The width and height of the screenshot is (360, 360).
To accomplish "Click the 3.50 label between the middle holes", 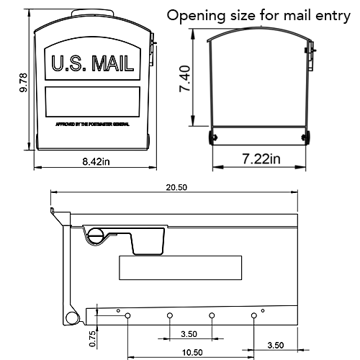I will [x=190, y=335].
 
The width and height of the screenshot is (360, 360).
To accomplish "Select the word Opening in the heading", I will [x=194, y=15].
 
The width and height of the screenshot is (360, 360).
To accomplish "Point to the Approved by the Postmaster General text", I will [x=93, y=124].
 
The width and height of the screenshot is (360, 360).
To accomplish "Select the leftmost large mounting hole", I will [x=127, y=315].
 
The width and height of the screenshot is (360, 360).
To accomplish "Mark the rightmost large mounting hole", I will [x=254, y=315].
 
